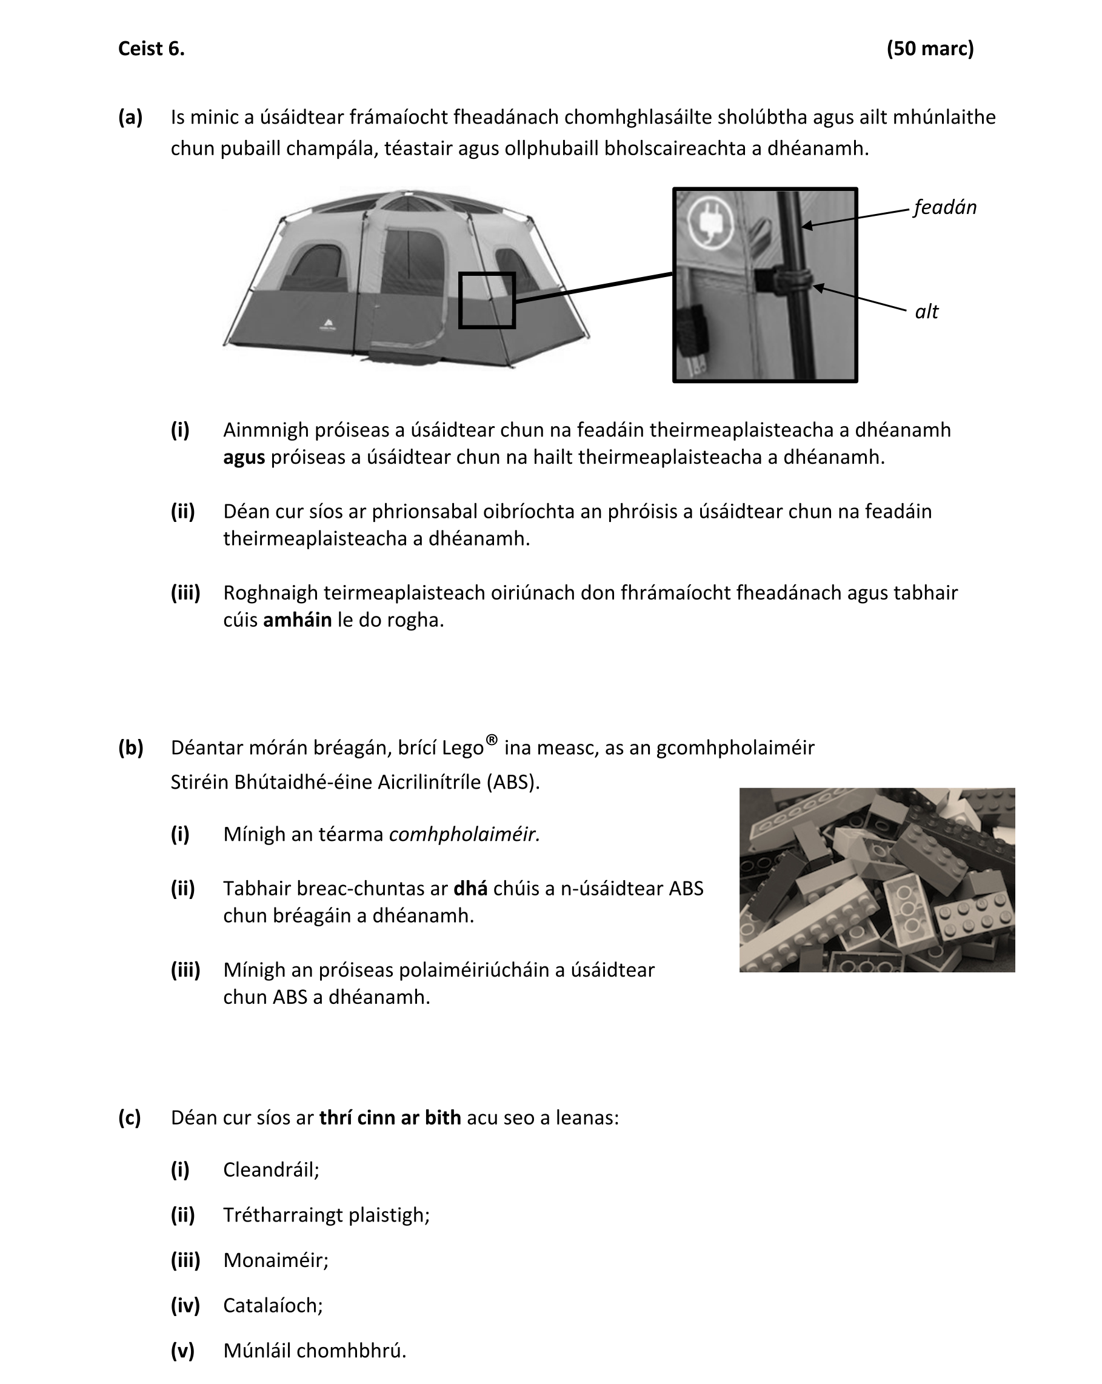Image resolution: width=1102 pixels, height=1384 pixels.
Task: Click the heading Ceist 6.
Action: [x=151, y=48]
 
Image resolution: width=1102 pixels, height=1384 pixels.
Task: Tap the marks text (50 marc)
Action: [x=929, y=48]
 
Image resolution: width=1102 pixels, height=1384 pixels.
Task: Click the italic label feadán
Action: [x=944, y=207]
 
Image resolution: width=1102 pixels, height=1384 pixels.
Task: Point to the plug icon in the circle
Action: [x=710, y=221]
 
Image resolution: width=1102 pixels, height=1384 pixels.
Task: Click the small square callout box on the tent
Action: [x=487, y=301]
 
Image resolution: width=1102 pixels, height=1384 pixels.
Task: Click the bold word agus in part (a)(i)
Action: [x=244, y=457]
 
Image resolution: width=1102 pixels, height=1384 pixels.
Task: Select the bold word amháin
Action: [x=297, y=620]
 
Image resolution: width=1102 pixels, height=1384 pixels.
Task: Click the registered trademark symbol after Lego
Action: [x=492, y=740]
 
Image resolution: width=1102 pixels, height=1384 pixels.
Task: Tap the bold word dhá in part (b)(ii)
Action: [x=470, y=889]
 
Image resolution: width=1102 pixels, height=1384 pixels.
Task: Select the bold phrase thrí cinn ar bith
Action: [x=390, y=1118]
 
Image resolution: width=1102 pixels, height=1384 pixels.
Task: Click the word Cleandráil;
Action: [x=271, y=1169]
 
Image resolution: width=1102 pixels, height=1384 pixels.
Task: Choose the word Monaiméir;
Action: [x=275, y=1260]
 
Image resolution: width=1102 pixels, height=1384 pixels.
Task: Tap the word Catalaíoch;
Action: [x=273, y=1305]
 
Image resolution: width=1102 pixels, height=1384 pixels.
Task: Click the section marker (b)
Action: [x=130, y=747]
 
